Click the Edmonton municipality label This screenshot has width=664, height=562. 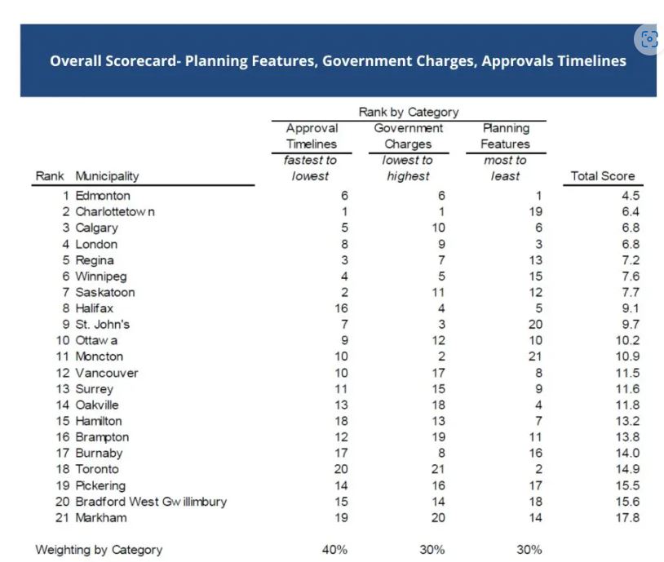click(103, 196)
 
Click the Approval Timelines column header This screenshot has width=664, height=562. click(312, 136)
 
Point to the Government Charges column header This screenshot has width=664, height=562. click(408, 136)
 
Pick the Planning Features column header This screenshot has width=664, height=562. click(505, 136)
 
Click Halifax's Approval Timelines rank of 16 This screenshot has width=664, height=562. click(340, 308)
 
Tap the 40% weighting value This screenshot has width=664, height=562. click(334, 550)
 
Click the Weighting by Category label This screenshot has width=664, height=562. click(99, 550)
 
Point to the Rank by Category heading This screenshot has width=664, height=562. click(408, 112)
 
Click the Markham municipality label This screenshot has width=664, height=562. click(101, 518)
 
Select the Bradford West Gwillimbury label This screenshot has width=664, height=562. click(151, 502)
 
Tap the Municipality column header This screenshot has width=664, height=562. click(107, 176)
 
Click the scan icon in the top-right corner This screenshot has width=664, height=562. click(649, 38)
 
